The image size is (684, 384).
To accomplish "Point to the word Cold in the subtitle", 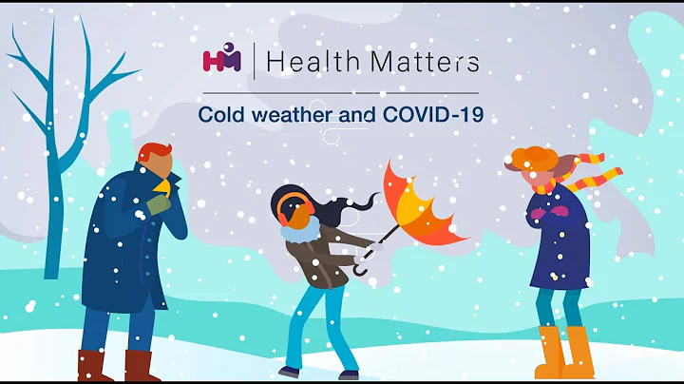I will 218,115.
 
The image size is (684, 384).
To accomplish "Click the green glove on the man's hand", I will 159,202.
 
